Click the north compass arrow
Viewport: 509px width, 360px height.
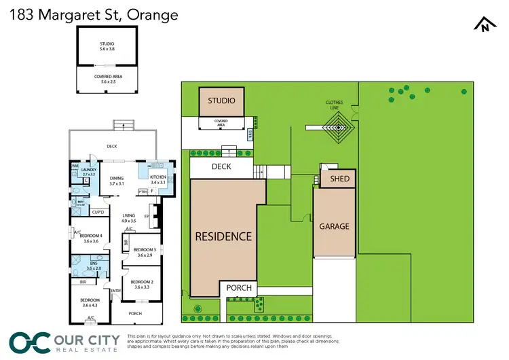coord(483,24)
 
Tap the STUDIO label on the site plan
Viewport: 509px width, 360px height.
coord(221,101)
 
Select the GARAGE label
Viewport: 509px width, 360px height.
coord(334,226)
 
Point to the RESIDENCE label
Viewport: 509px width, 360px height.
coord(223,237)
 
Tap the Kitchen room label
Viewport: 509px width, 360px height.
coord(157,179)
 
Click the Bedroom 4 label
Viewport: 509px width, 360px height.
coord(91,238)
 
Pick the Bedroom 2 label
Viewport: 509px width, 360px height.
coord(143,285)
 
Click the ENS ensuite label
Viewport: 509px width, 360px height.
coord(91,266)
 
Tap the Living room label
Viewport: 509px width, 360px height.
coord(129,218)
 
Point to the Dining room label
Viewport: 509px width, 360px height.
coord(117,181)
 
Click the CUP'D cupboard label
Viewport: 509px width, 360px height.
coord(97,213)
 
